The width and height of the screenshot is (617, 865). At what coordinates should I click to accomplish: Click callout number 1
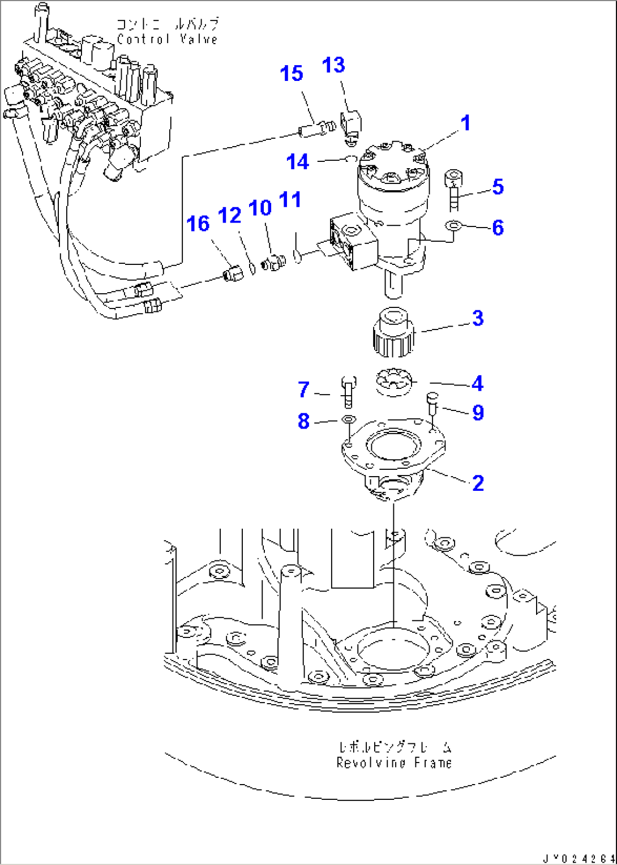pyautogui.click(x=465, y=123)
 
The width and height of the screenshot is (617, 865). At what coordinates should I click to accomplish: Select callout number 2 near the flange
pyautogui.click(x=478, y=483)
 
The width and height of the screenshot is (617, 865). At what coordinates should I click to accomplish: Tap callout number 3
pyautogui.click(x=478, y=318)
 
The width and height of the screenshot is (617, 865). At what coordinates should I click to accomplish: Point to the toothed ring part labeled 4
pyautogui.click(x=394, y=384)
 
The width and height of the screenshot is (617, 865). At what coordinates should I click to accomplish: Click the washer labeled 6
pyautogui.click(x=453, y=227)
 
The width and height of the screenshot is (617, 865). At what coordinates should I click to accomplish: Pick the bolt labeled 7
pyautogui.click(x=348, y=391)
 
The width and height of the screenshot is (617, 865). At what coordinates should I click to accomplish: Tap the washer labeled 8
pyautogui.click(x=348, y=419)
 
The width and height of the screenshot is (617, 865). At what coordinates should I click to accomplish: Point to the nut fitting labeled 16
pyautogui.click(x=233, y=273)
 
